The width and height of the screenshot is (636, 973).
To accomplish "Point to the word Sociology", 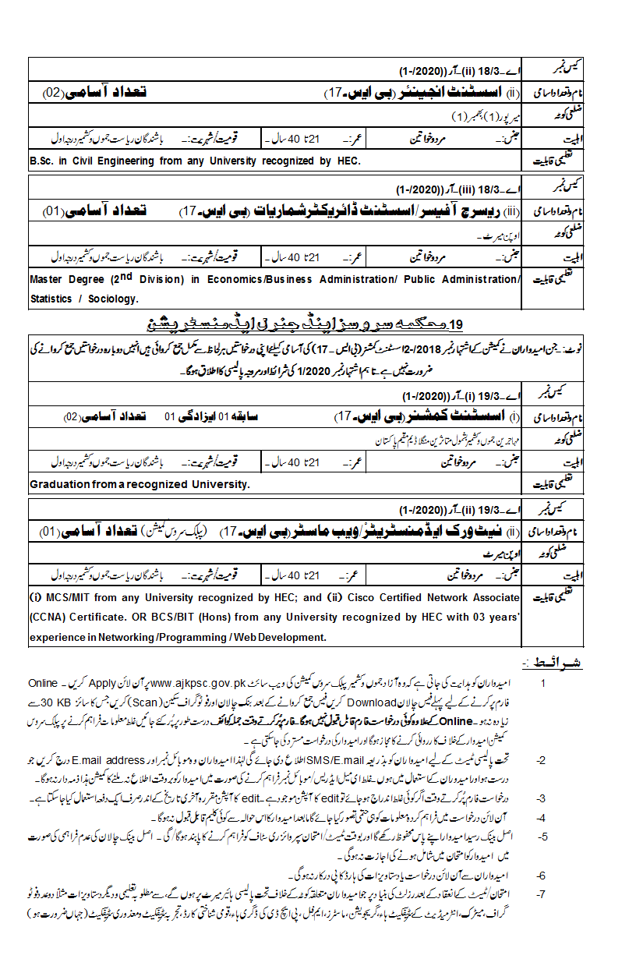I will click(114, 298).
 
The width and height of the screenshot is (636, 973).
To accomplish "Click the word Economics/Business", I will click(269, 279).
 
